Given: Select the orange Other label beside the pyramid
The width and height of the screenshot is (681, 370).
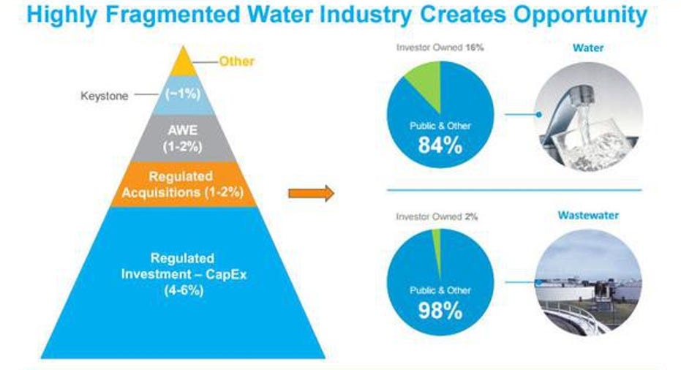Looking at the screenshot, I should pos(236,61).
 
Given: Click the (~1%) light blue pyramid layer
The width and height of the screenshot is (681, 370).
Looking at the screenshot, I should pos(182,95).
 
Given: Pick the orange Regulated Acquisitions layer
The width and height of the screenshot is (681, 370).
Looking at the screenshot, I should pos(183,184).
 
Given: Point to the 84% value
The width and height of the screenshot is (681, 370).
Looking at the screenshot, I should pos(440,146).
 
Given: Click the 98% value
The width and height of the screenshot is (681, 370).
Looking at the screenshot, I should pos(440,310).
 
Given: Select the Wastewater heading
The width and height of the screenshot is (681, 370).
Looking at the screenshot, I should pos(589,216).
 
